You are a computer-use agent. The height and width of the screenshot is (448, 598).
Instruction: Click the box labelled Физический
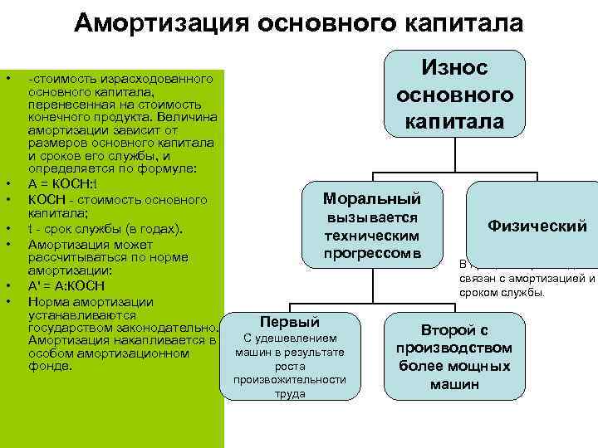(537, 225)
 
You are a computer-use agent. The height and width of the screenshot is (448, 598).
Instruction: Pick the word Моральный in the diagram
(371, 199)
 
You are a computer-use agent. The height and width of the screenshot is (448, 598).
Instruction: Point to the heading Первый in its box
(290, 322)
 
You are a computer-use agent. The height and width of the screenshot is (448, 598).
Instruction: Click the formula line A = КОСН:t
(63, 184)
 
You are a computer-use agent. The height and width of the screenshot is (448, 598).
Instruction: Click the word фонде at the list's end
(50, 366)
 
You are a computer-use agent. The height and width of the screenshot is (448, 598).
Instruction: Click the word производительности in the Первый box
(290, 380)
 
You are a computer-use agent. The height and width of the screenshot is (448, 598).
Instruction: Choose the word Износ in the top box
(454, 68)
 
